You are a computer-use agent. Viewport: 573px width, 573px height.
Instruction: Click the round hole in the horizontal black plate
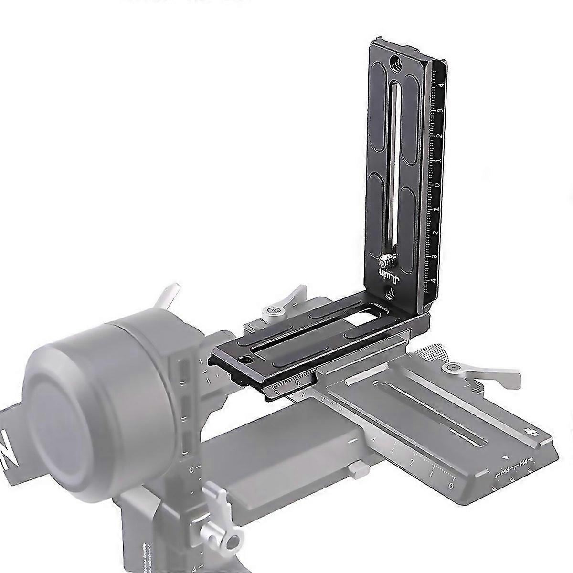coord(246,360)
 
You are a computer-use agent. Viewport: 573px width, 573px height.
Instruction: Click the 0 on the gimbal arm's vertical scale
coord(191,470)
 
